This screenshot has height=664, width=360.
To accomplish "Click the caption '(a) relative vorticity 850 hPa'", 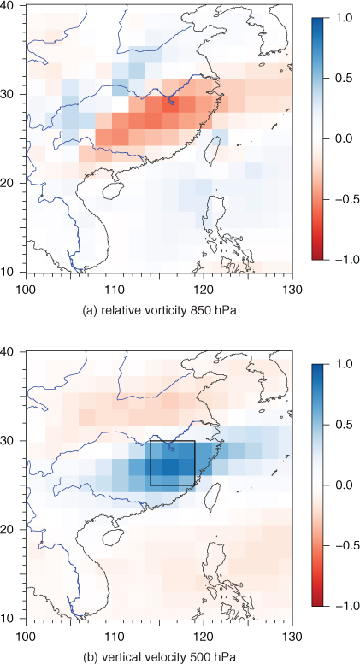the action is coord(159,312).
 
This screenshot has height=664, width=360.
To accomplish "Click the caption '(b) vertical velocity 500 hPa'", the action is coord(159,658).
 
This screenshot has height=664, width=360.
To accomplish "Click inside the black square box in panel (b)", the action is coord(173,463).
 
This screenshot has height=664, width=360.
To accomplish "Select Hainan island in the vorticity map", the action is coord(111,191).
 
